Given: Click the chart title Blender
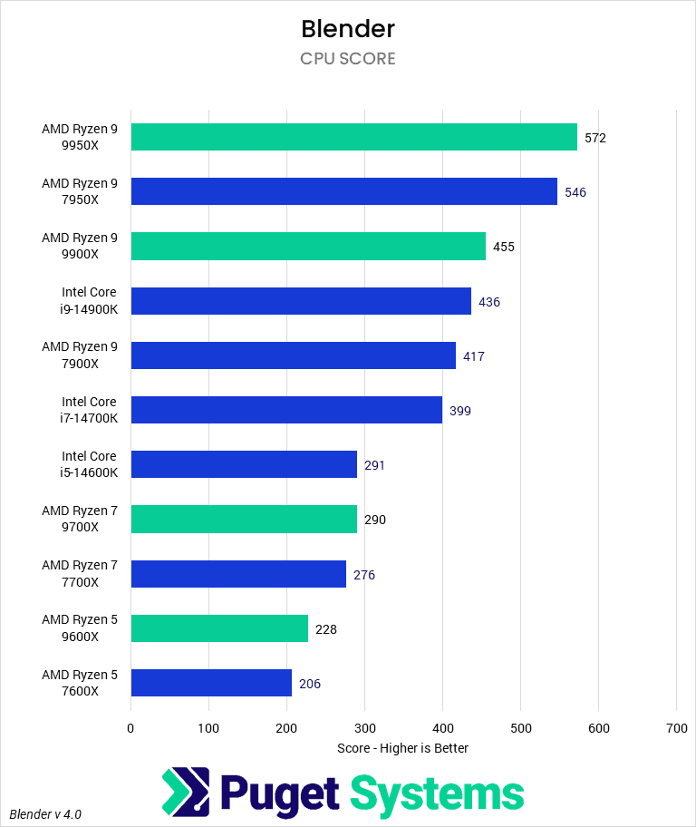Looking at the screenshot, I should pos(348,29).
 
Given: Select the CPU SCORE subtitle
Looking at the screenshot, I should pos(348,59).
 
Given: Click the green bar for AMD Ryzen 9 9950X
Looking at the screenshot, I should pos(353,137).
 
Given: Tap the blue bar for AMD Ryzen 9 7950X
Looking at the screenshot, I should pos(343,191).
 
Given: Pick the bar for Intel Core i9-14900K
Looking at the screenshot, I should pos(301,301).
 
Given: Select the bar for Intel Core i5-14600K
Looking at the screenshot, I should pos(244,464).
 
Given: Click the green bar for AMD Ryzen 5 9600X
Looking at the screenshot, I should pos(219,628).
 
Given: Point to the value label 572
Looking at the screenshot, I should pos(594,138).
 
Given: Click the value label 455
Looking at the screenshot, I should pos(503,247).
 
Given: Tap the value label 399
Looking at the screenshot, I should pos(459,411).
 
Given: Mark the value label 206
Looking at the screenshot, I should pos(309,684).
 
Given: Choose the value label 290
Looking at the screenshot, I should pos(374,520).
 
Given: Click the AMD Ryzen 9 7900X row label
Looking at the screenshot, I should pos(80,355).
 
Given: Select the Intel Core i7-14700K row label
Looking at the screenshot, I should pos(89,410).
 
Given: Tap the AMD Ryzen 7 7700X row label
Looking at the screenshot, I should pos(80,573).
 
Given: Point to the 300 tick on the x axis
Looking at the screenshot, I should pos(364,727).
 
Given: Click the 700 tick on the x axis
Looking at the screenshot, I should pos(676,727).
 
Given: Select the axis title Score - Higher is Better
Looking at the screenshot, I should pos(402,748).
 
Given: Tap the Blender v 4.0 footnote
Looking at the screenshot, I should pos(46,813).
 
